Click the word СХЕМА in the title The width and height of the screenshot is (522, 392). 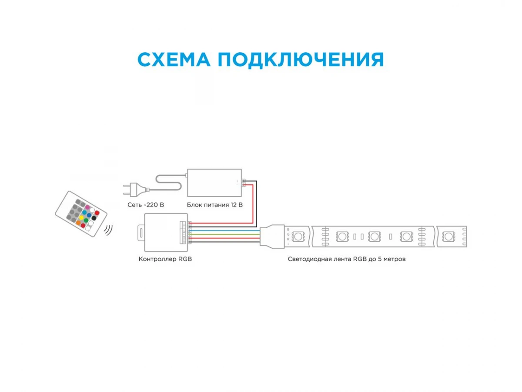tap(174, 60)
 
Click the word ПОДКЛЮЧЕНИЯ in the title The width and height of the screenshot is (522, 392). tap(301, 60)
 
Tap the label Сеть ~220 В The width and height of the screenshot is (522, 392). tap(146, 205)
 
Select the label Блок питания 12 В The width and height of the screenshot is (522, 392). tap(214, 205)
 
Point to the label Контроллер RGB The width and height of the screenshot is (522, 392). tap(165, 259)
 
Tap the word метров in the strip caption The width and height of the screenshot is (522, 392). tap(395, 259)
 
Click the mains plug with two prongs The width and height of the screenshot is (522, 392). tap(136, 190)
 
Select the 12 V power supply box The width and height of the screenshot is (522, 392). tap(214, 183)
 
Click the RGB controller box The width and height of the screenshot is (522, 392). tap(166, 232)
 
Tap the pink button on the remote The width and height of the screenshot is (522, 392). tap(87, 207)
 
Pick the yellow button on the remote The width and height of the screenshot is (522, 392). tap(81, 217)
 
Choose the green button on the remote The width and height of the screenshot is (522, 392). tap(86, 220)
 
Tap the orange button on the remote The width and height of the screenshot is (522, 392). tap(78, 223)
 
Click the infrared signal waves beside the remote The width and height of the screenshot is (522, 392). tap(108, 230)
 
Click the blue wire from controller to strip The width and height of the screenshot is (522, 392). tap(224, 231)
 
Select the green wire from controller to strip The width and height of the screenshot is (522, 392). tap(224, 234)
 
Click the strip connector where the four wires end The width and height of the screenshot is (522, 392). tap(272, 237)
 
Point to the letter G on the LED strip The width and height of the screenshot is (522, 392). tap(288, 234)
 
